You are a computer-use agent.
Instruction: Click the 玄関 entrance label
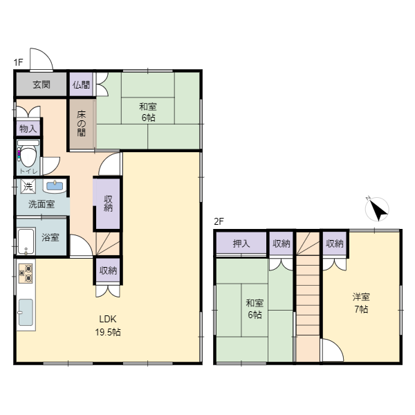(41, 84)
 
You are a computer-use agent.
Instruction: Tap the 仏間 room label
(81, 84)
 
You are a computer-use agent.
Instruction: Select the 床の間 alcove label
(82, 124)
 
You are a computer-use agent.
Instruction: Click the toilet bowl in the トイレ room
(28, 157)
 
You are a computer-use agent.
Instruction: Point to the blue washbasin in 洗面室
(55, 186)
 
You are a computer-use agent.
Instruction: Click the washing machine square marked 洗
(28, 187)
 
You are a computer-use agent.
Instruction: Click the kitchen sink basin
(26, 313)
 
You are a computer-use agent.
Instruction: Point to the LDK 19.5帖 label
(108, 325)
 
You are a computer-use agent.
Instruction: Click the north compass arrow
(378, 210)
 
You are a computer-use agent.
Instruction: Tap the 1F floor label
(19, 62)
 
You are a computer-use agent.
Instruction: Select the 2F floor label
(219, 221)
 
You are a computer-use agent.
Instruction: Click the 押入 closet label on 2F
(241, 243)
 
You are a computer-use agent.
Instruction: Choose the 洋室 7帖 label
(361, 303)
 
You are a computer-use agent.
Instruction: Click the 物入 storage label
(28, 129)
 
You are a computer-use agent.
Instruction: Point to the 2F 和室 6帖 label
(255, 308)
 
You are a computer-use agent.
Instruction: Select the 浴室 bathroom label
(50, 237)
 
